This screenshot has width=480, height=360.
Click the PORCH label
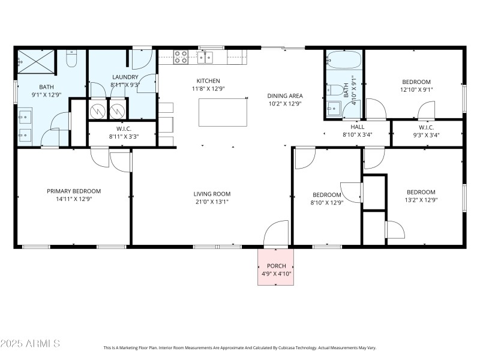click(275, 265)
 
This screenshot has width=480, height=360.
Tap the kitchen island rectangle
click(223, 112)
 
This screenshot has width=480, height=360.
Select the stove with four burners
click(181, 57)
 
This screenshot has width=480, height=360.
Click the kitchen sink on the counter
click(205, 57)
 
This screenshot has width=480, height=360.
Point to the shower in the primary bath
click(35, 61)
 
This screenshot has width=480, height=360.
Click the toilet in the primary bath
click(71, 59)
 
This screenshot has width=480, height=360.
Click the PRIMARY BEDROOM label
click(74, 191)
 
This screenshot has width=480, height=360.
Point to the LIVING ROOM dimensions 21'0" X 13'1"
click(212, 202)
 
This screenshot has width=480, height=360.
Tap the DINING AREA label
click(284, 95)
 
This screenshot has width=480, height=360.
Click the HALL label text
click(357, 127)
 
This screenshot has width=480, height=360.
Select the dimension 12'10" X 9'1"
click(416, 90)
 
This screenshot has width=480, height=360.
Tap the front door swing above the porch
click(275, 233)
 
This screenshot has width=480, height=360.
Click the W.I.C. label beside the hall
click(426, 127)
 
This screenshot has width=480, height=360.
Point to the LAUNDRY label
click(125, 77)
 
